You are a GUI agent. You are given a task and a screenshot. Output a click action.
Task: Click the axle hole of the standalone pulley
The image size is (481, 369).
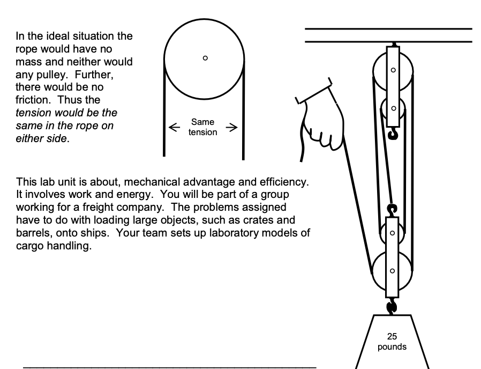(205, 58)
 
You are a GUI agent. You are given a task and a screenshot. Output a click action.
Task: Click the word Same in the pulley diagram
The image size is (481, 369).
(203, 123)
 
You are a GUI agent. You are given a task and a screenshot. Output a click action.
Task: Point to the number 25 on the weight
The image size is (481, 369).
(392, 337)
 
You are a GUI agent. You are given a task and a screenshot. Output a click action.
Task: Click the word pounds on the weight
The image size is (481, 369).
(392, 347)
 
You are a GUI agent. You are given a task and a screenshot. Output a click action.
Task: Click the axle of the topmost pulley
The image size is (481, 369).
(394, 70)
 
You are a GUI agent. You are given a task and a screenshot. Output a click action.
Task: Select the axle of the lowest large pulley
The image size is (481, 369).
(394, 270)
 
